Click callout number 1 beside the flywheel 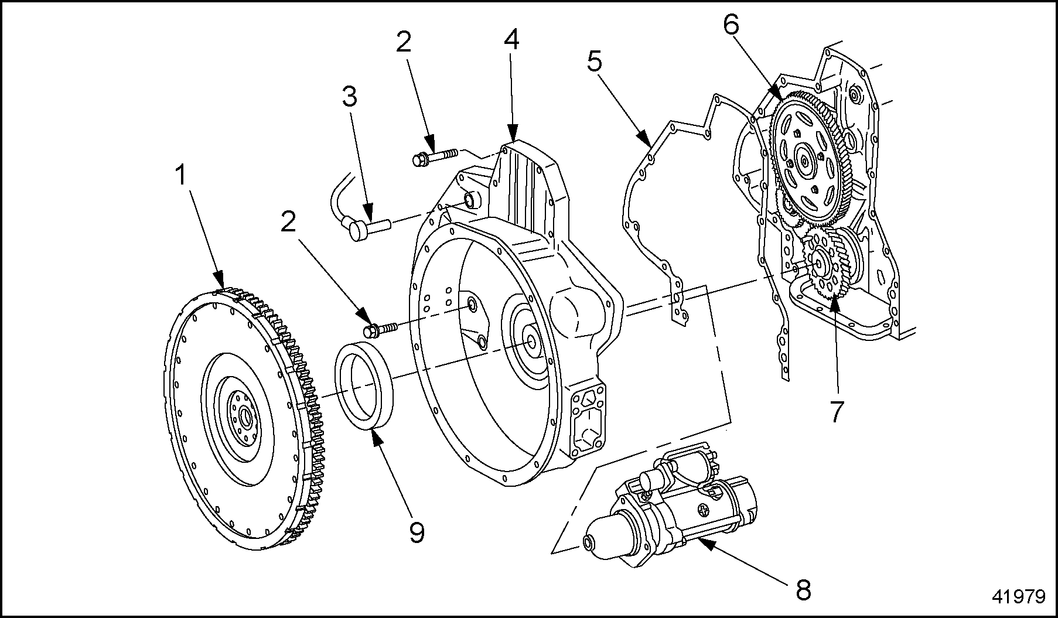tap(181, 175)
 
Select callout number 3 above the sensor tap(349, 97)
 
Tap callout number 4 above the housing tap(511, 39)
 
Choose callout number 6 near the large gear tap(731, 25)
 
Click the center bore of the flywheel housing tap(532, 342)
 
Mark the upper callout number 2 tap(404, 42)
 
